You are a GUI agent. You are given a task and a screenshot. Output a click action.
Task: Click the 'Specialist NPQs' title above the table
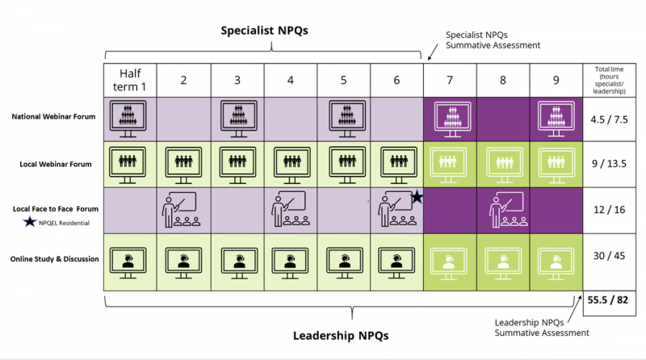tap(264, 31)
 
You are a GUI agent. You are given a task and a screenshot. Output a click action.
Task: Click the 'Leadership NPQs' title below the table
tap(341, 336)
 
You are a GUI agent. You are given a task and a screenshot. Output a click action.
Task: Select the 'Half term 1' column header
tap(130, 80)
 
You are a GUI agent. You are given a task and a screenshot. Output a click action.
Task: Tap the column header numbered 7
tap(450, 80)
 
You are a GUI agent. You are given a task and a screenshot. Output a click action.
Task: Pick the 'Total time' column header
tap(609, 80)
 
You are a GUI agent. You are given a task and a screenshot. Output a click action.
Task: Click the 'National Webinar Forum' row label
tap(53, 116)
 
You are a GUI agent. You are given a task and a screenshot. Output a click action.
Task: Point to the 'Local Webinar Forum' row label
tap(56, 164)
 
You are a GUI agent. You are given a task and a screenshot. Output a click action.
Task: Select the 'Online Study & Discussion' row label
tap(54, 259)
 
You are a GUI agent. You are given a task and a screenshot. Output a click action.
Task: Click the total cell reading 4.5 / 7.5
tap(609, 119)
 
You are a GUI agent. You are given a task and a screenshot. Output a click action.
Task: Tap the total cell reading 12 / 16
tap(609, 210)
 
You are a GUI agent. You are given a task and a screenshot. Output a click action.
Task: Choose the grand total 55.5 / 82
tap(608, 299)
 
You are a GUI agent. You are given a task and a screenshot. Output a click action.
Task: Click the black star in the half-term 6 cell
tap(417, 197)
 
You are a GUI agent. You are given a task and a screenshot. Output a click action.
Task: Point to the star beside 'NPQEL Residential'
tap(29, 223)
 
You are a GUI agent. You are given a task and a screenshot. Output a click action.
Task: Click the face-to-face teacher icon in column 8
tap(508, 209)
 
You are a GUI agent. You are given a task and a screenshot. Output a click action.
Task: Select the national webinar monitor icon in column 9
tap(556, 119)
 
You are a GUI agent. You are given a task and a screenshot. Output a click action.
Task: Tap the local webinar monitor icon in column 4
tap(292, 165)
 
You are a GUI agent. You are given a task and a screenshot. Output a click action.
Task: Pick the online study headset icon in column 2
tap(183, 263)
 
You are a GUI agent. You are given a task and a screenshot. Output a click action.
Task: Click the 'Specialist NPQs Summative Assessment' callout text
tap(493, 40)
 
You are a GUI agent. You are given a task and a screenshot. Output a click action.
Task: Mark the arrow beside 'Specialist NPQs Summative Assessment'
tap(433, 52)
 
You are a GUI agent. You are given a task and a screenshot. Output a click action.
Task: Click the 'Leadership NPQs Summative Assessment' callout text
tap(542, 328)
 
